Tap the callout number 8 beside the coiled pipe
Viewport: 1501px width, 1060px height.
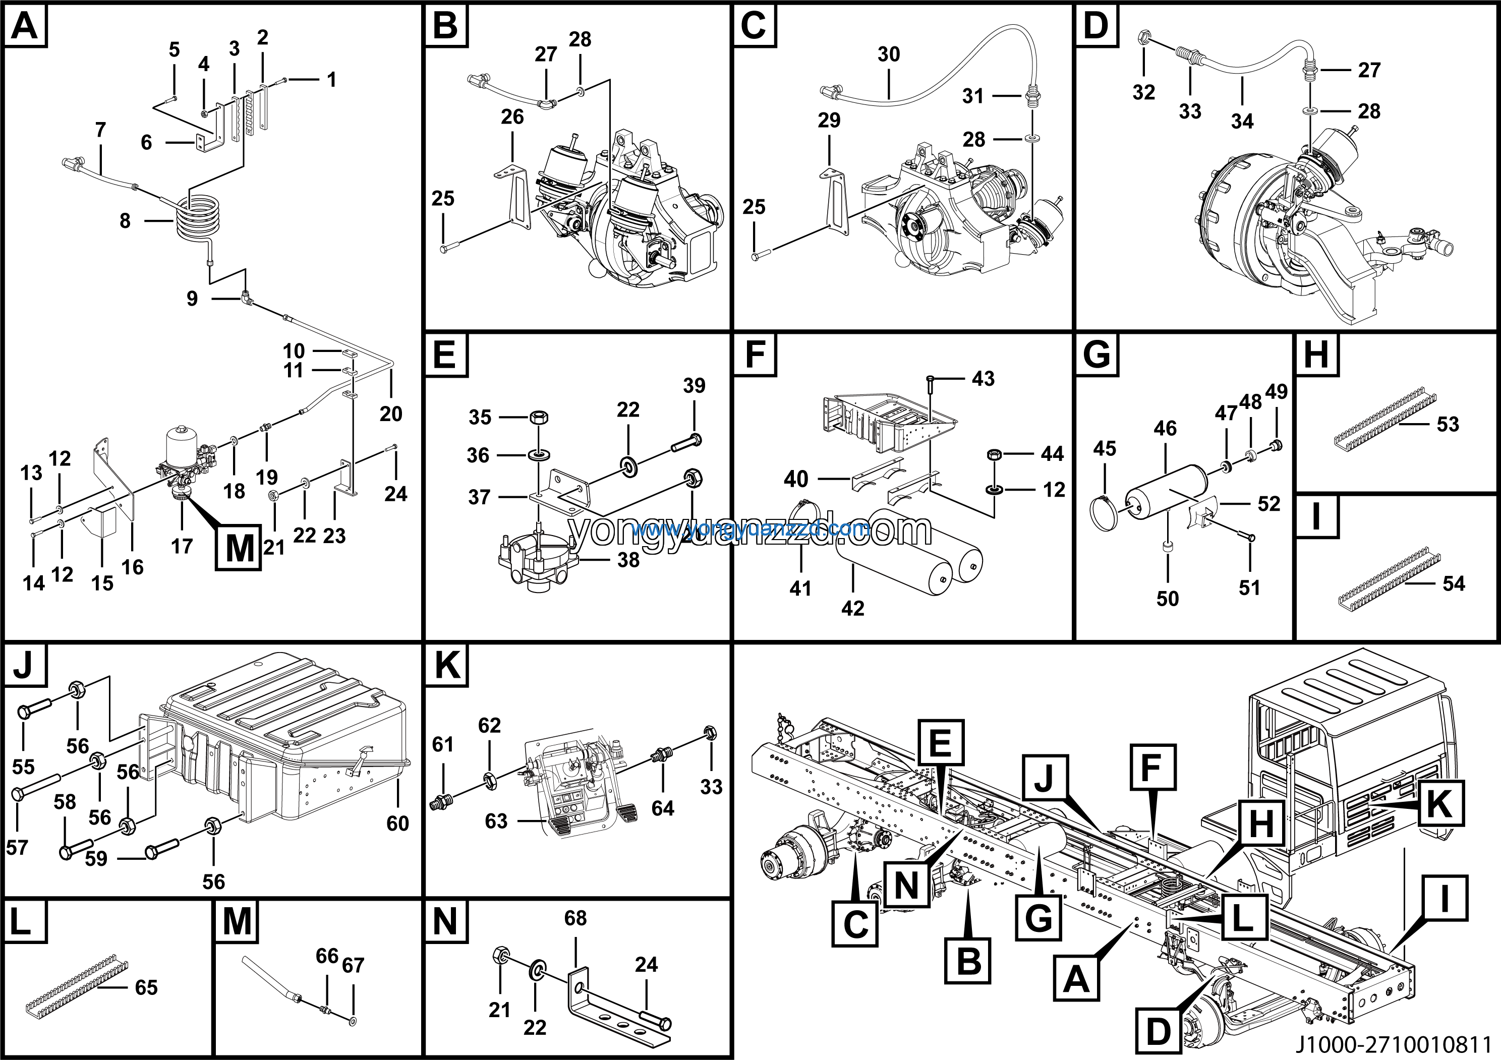click(x=125, y=221)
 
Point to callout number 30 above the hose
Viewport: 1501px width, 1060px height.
click(x=888, y=54)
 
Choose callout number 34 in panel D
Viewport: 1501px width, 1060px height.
click(x=1242, y=121)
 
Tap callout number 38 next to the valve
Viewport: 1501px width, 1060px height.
click(x=628, y=560)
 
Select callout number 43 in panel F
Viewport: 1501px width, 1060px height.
click(x=983, y=378)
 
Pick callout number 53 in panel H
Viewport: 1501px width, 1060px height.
click(x=1448, y=424)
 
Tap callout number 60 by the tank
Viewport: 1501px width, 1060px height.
click(x=397, y=823)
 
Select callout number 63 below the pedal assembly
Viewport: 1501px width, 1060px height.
click(x=496, y=821)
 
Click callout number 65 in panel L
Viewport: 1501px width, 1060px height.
click(x=146, y=987)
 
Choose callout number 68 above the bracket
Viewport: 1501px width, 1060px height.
click(x=575, y=918)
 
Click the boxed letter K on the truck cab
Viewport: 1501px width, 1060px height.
click(x=1440, y=803)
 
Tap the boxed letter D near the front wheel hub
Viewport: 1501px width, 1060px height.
click(x=1158, y=1033)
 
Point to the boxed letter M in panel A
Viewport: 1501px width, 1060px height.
click(x=239, y=547)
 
